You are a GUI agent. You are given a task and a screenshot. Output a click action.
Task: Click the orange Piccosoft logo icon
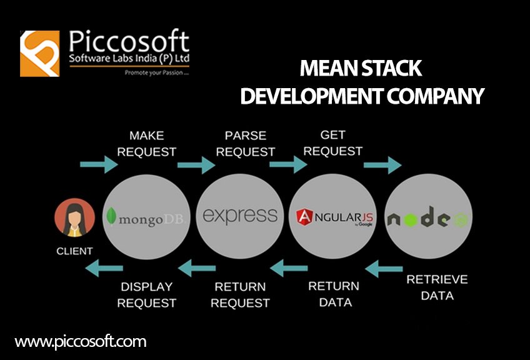pyautogui.click(x=40, y=53)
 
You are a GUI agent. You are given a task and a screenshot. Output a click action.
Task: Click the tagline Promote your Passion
pyautogui.click(x=152, y=72)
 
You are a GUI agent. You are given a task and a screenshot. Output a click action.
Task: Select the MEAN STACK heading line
pyautogui.click(x=361, y=68)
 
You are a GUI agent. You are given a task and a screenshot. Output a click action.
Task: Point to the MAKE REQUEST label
pyautogui.click(x=147, y=143)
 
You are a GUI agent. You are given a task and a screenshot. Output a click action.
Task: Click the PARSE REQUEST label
pyautogui.click(x=246, y=143)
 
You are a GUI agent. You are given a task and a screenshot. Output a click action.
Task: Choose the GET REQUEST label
pyautogui.click(x=332, y=142)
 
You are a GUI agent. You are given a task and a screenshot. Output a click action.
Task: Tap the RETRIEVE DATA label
pyautogui.click(x=437, y=287)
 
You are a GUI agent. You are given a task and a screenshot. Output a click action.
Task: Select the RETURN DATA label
pyautogui.click(x=334, y=294)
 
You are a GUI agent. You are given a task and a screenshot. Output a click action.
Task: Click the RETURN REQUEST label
pyautogui.click(x=241, y=295)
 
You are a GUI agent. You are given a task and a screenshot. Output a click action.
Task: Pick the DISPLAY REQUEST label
pyautogui.click(x=147, y=295)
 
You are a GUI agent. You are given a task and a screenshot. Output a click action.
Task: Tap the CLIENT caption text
pyautogui.click(x=74, y=251)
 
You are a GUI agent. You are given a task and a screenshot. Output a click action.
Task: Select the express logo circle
pyautogui.click(x=240, y=216)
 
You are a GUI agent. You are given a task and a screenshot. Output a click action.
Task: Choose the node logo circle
pyautogui.click(x=428, y=217)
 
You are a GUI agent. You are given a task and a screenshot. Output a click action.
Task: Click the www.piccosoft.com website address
pyautogui.click(x=81, y=342)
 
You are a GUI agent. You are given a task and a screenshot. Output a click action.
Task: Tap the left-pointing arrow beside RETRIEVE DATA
pyautogui.click(x=384, y=269)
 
